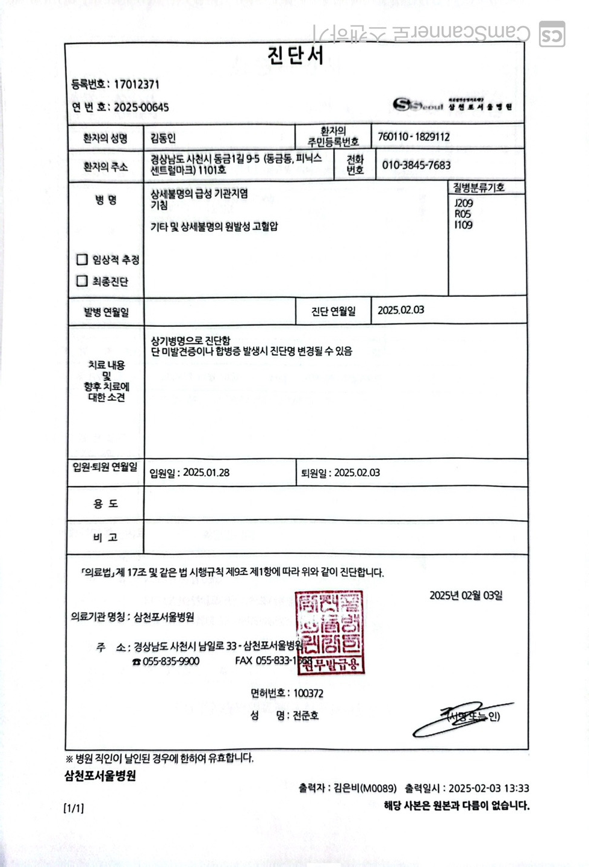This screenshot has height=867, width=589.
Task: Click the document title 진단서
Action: click(295, 55)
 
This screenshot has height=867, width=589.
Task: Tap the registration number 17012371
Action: click(137, 84)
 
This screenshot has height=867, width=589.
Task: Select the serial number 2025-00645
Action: click(142, 107)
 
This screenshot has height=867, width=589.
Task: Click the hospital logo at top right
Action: click(452, 105)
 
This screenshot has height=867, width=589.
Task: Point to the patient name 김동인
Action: click(163, 138)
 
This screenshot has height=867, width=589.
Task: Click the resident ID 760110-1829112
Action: click(413, 137)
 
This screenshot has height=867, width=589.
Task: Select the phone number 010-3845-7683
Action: click(416, 165)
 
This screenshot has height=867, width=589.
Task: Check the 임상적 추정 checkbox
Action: click(83, 259)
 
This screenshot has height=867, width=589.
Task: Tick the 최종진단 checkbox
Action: click(83, 281)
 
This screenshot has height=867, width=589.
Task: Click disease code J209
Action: click(463, 204)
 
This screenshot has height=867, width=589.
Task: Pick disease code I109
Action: click(463, 225)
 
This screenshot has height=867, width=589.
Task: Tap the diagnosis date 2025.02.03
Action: click(400, 310)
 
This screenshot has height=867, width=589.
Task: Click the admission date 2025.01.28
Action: click(206, 473)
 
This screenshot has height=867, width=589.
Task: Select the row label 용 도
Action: click(105, 503)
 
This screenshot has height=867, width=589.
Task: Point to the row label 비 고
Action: click(105, 537)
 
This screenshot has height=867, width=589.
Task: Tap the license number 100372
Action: click(308, 693)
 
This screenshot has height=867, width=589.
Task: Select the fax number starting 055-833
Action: click(272, 661)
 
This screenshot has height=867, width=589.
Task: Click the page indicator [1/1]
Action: click(73, 808)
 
